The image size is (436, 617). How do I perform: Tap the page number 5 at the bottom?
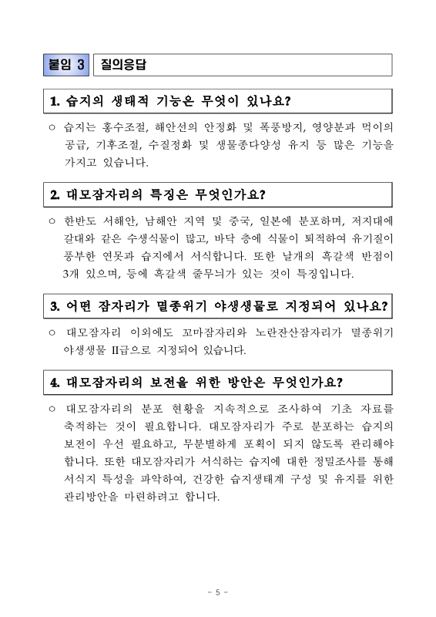(217, 592)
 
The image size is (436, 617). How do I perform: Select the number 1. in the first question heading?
(55, 101)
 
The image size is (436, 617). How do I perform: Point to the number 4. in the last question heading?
(55, 381)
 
